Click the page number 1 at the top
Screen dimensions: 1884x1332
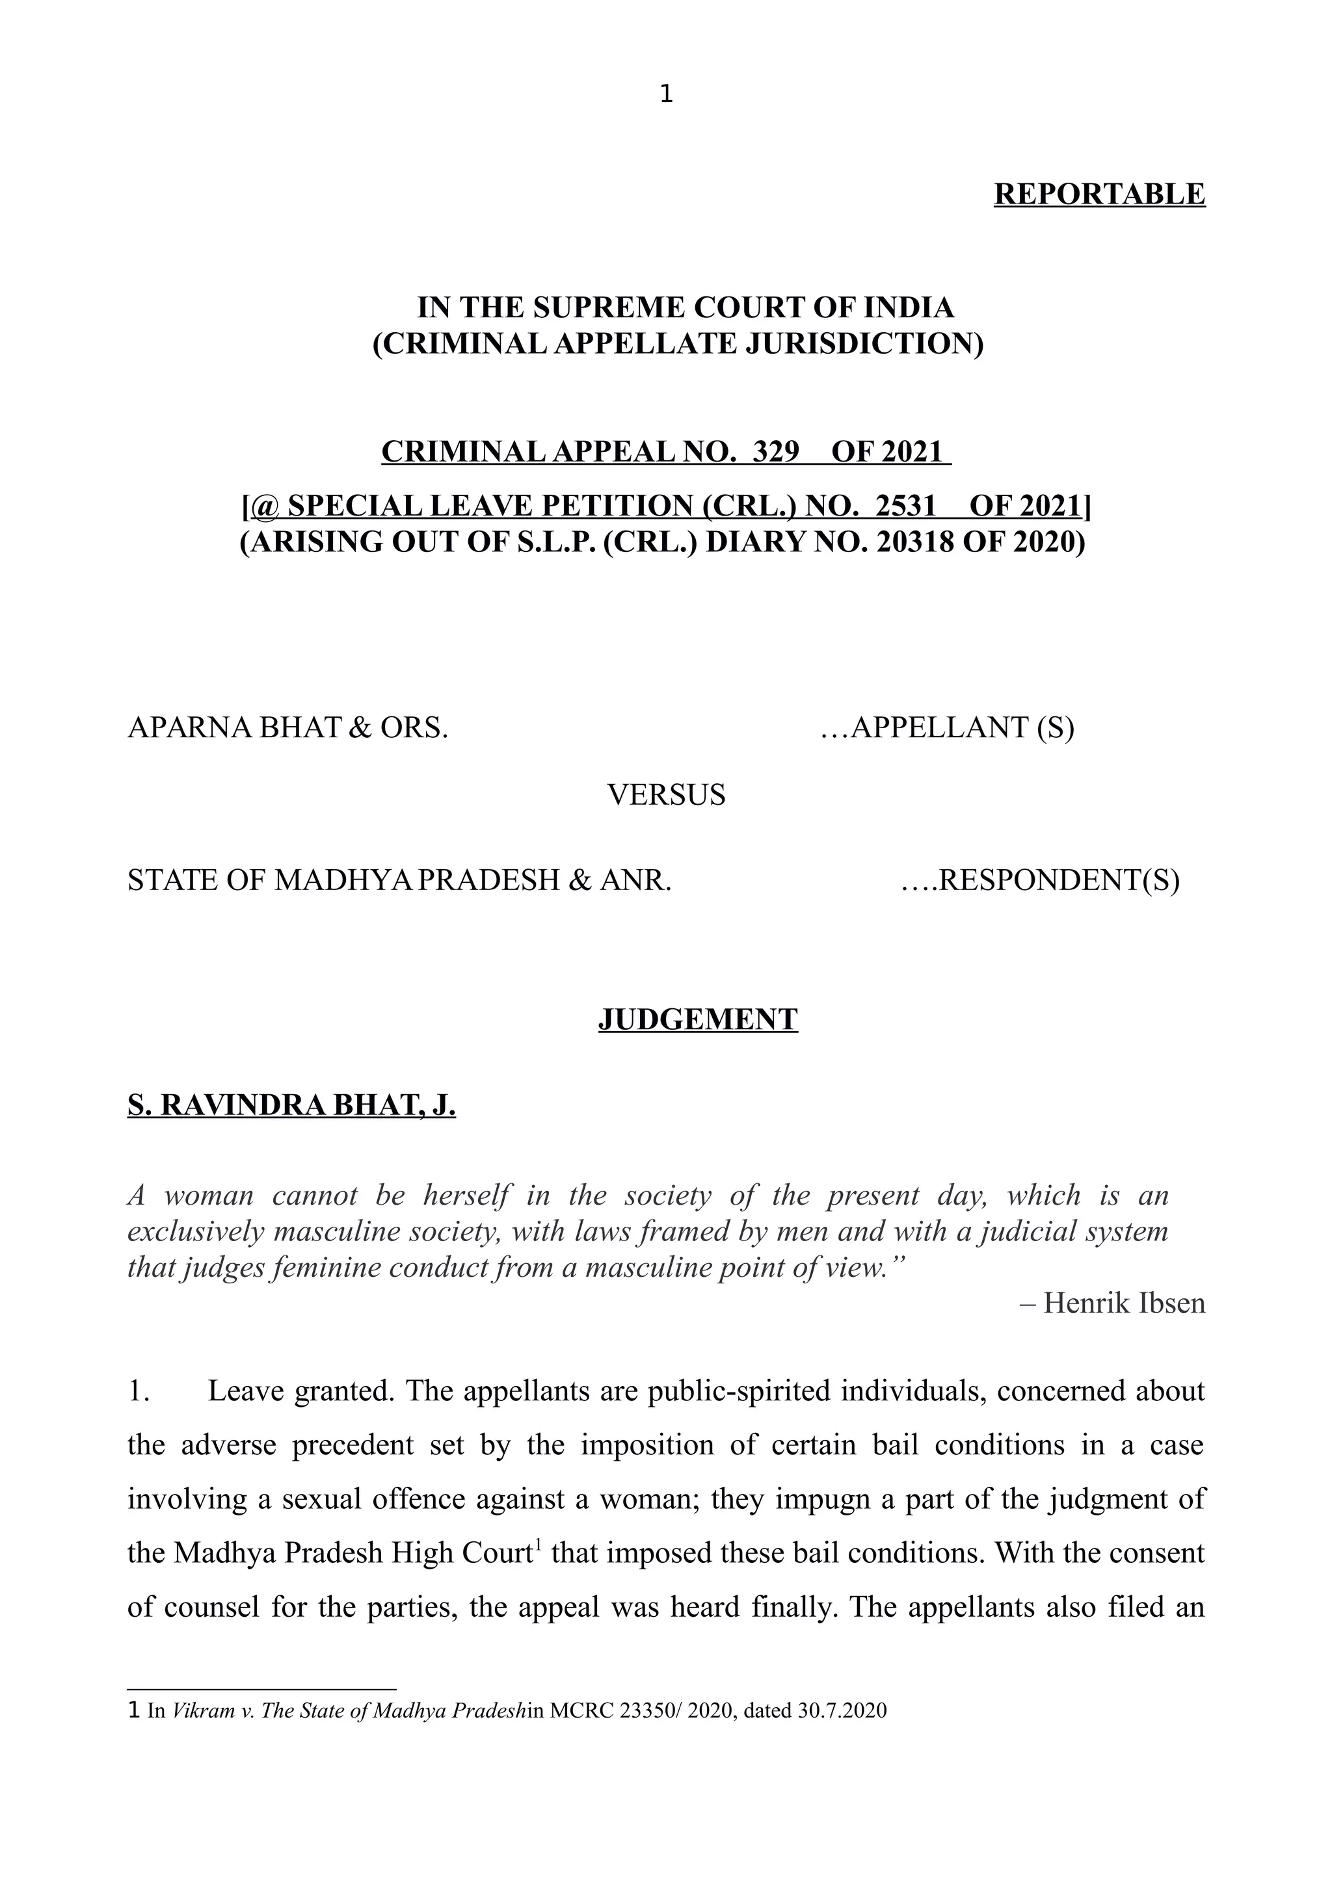665,95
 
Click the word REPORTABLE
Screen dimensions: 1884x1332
1099,194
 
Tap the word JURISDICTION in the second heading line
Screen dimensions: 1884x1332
863,343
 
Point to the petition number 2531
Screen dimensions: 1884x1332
905,506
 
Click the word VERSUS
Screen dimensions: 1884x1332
665,794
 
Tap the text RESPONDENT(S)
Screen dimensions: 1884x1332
1058,880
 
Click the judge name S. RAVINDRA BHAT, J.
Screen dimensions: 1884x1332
291,1105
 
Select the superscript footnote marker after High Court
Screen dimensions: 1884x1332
538,1544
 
